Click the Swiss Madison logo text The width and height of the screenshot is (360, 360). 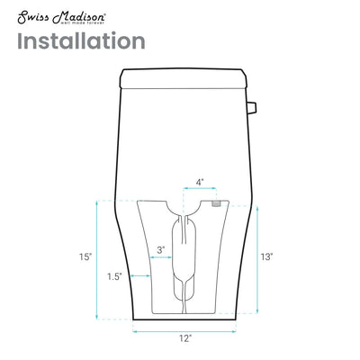(x=56, y=14)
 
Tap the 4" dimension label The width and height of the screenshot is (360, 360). (x=199, y=182)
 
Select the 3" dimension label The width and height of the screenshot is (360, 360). (x=160, y=249)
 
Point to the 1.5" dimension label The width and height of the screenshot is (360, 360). (x=113, y=275)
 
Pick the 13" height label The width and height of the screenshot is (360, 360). (x=266, y=256)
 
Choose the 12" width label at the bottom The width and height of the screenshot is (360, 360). (x=184, y=338)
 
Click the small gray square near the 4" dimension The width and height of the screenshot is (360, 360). (x=215, y=204)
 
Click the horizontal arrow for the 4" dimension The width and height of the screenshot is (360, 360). (x=199, y=192)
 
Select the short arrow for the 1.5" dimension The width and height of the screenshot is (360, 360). (x=139, y=275)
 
